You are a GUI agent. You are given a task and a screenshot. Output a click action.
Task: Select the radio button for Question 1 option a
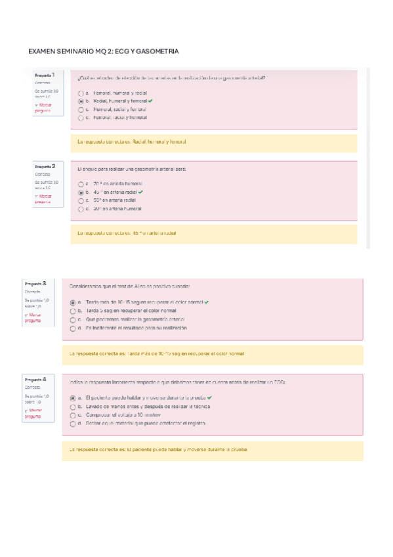coord(80,93)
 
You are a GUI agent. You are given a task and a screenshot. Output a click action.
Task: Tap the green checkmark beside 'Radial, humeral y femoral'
coord(151,101)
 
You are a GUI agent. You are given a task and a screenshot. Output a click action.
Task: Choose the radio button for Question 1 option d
coord(80,118)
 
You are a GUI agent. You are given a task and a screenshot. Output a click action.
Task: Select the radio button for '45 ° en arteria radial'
coord(80,192)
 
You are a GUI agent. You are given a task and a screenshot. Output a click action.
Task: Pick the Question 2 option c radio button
coord(80,200)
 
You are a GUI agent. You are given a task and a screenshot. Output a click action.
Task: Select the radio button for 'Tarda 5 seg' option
coord(72,311)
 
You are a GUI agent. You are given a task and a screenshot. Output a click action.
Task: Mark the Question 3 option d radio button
coord(72,327)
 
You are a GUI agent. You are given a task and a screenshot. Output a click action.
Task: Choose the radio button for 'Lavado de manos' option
coord(72,407)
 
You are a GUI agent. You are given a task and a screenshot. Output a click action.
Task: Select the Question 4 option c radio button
coord(72,415)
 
